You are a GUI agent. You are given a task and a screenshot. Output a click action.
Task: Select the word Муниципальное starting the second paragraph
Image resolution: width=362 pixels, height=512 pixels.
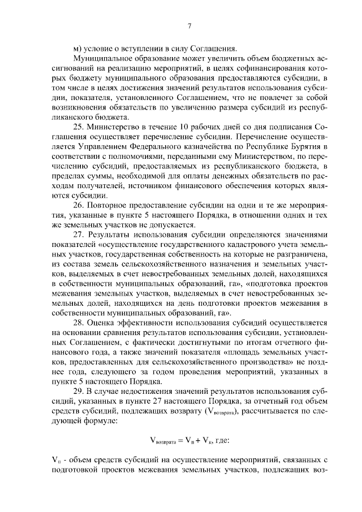100,58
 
